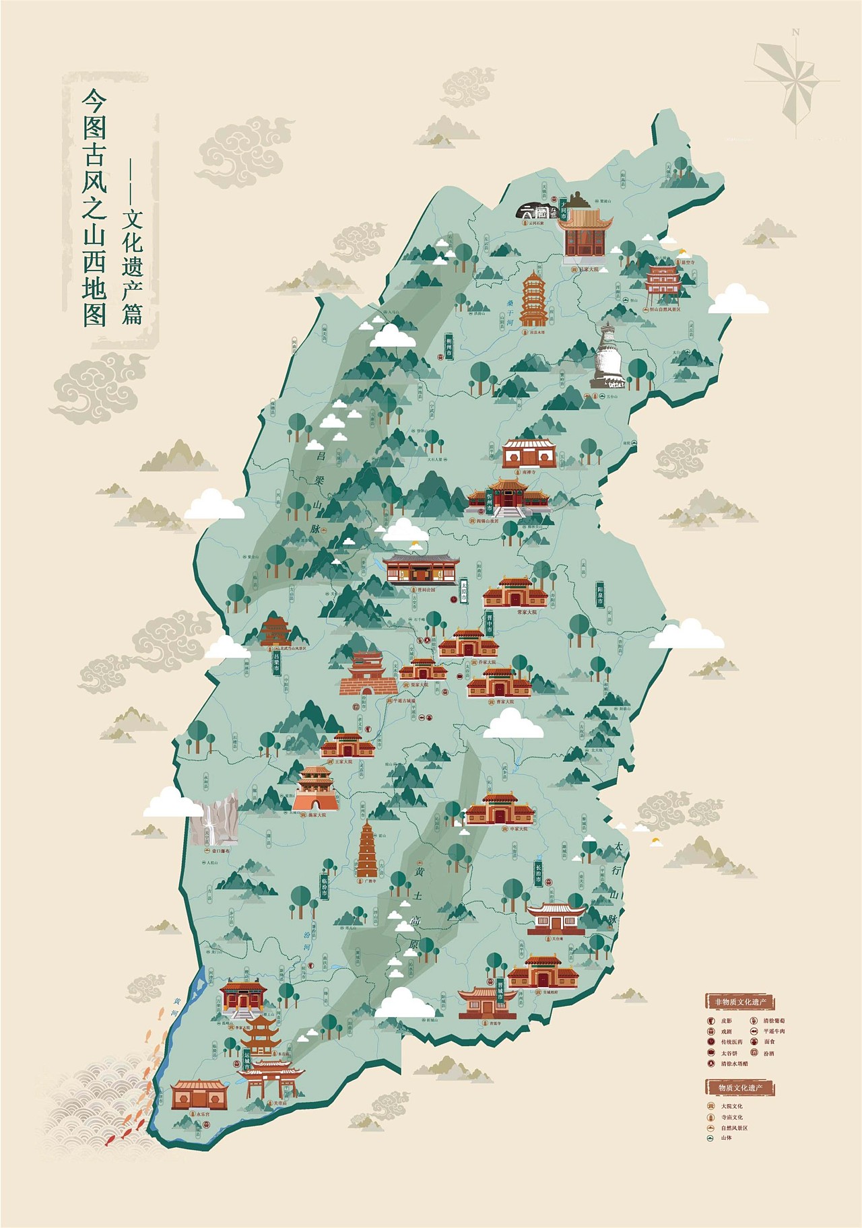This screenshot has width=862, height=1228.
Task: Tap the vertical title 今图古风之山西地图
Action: (94, 209)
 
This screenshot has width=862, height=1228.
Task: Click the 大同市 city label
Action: (564, 208)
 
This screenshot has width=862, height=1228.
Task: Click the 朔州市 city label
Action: (449, 345)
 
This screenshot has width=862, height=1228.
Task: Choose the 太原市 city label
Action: (464, 590)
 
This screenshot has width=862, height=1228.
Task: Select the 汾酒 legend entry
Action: (769, 1053)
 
